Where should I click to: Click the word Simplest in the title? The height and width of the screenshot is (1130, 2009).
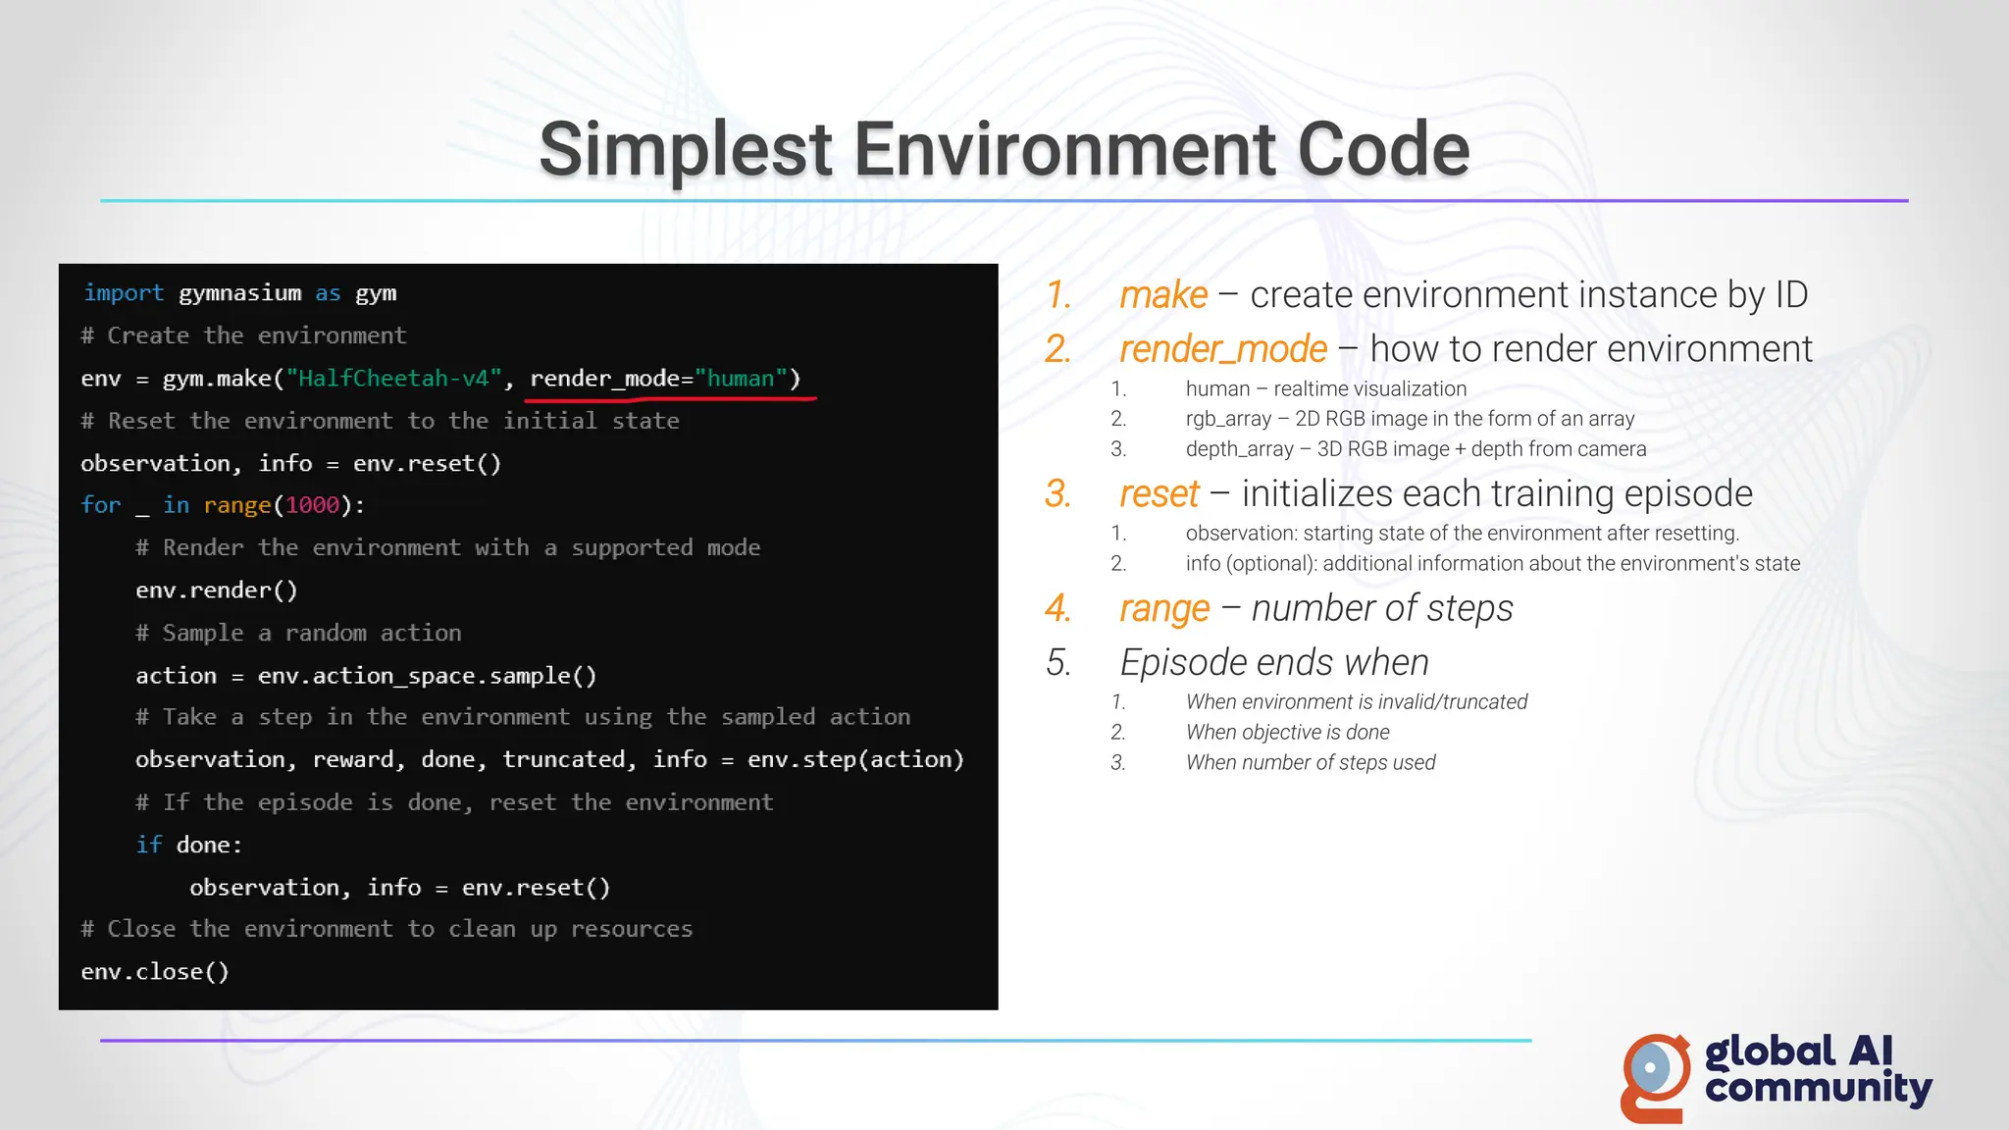(x=686, y=150)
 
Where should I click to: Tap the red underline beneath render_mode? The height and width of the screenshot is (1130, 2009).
(x=673, y=399)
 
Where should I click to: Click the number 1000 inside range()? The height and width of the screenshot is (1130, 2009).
(x=312, y=505)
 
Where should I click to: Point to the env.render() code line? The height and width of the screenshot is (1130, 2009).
(x=216, y=591)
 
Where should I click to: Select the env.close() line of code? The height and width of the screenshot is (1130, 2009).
(x=155, y=972)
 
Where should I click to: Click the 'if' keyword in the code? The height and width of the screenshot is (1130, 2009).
(x=148, y=846)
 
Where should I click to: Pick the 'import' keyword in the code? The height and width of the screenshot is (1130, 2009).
(x=124, y=293)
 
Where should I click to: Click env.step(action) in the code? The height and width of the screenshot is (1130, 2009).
(x=855, y=759)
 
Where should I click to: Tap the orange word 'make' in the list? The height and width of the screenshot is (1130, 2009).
(x=1163, y=294)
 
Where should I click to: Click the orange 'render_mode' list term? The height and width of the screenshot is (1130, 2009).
(x=1223, y=349)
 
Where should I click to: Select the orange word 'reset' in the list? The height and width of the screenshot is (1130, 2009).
(x=1159, y=493)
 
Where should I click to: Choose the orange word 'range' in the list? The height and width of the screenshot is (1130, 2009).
(x=1164, y=608)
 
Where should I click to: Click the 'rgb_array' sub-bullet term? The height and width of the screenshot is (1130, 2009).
(x=1227, y=419)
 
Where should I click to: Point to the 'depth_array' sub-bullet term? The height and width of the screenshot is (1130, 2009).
(x=1239, y=449)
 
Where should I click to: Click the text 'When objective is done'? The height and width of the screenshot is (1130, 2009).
(x=1287, y=733)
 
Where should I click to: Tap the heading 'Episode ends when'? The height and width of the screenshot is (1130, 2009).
(x=1274, y=663)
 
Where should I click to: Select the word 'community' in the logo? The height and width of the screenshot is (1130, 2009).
(x=1818, y=1090)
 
